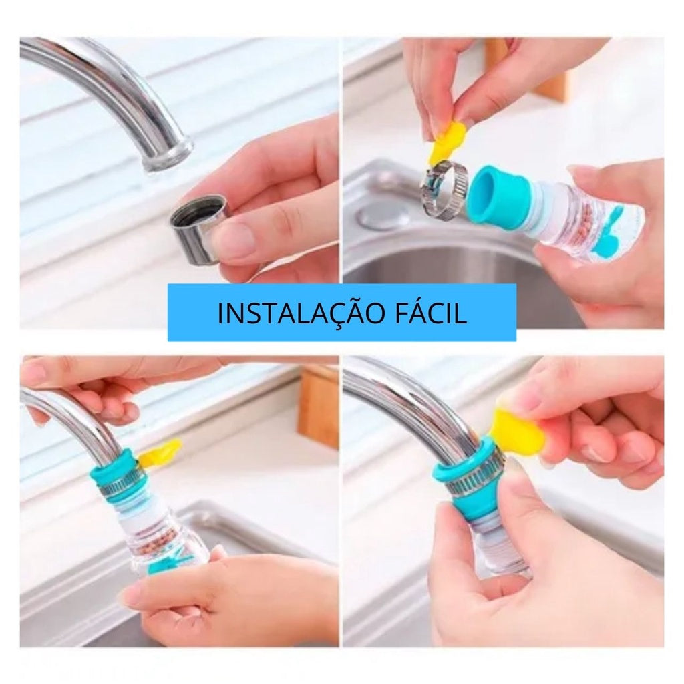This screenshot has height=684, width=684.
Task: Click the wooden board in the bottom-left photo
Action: (x=319, y=406)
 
